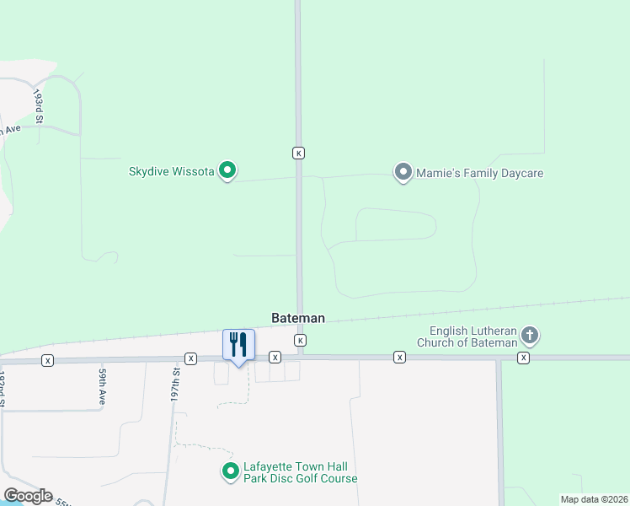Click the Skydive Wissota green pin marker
point(227,171)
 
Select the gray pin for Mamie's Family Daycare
point(403,173)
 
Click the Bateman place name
point(298,319)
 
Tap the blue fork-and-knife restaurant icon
point(238,346)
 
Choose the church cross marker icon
point(530,336)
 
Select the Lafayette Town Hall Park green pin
point(229,471)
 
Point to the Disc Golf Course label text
point(301,479)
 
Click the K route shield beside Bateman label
point(299,340)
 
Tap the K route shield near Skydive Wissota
point(298,153)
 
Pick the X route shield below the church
point(524,358)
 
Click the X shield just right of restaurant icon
point(275,358)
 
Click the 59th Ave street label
point(102,385)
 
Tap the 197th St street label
point(176,383)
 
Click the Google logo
point(27,496)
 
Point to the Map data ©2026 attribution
point(593,499)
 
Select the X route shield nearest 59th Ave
point(47,360)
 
